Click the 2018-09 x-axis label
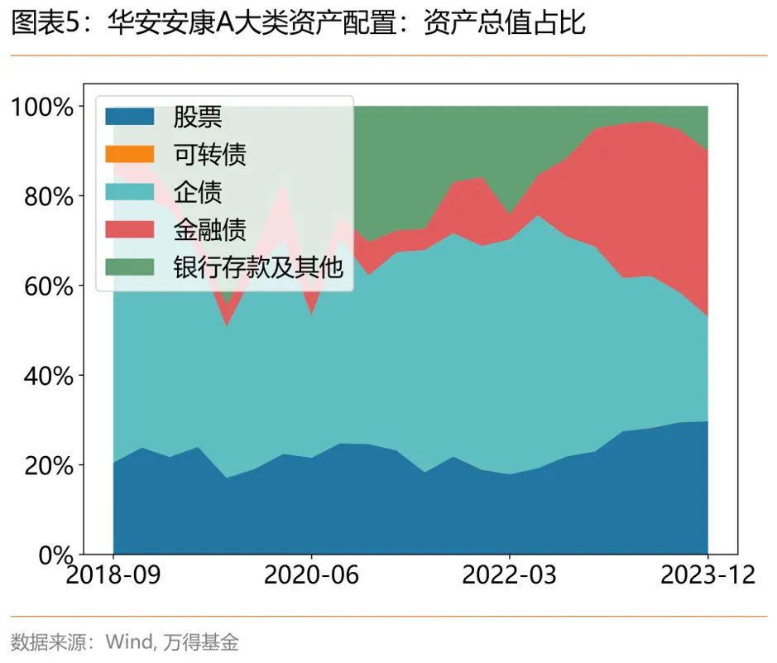[x=113, y=575]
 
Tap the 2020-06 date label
[x=311, y=575]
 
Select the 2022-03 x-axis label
[x=510, y=575]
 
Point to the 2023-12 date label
[x=707, y=575]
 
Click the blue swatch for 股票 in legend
[x=130, y=117]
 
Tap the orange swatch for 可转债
[x=130, y=155]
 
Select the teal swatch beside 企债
[x=130, y=192]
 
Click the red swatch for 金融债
[x=130, y=229]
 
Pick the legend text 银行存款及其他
[x=257, y=267]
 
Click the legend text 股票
[x=197, y=117]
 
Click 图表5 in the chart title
[x=46, y=23]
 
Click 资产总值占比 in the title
[x=504, y=23]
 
